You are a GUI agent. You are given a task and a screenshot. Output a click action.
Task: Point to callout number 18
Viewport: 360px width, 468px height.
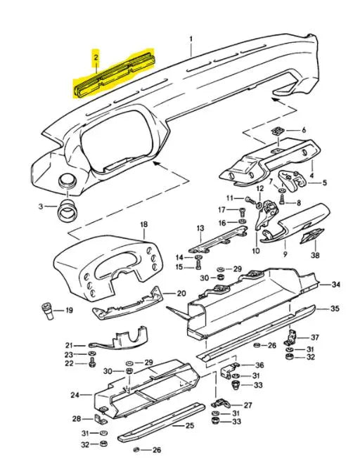[x=143, y=225]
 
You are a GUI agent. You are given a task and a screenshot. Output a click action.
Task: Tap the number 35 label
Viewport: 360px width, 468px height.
[x=335, y=308]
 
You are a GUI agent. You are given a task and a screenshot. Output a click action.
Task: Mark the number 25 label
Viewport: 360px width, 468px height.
[x=189, y=425]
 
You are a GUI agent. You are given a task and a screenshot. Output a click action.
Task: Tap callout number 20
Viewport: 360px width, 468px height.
[x=181, y=294]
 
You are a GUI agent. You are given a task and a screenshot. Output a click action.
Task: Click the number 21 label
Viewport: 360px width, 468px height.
[x=69, y=345]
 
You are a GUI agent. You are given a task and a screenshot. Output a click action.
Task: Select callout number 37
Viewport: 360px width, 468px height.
[x=315, y=337]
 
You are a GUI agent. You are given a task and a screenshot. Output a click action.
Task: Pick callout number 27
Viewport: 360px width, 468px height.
[x=247, y=405]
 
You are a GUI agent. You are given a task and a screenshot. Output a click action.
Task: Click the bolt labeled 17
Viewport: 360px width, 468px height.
[x=243, y=210]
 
